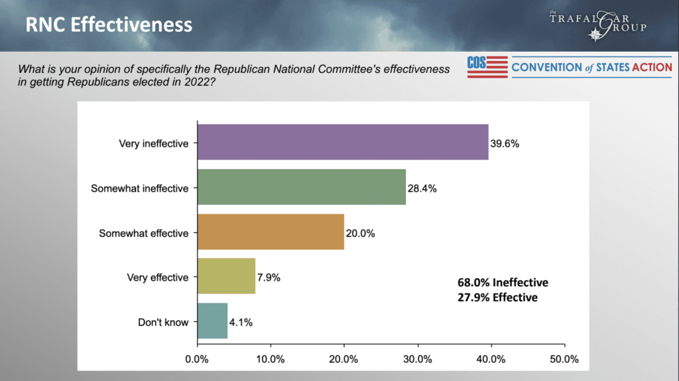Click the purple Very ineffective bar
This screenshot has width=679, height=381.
click(343, 142)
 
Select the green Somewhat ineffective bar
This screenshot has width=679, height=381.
click(302, 187)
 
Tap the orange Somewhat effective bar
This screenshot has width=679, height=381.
click(271, 232)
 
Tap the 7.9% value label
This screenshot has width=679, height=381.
click(269, 277)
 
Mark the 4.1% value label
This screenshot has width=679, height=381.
click(240, 323)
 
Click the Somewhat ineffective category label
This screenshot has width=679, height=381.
click(139, 188)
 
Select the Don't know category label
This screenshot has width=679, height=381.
click(163, 323)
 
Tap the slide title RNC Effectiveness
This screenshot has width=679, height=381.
click(109, 25)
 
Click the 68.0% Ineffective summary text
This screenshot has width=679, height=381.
click(503, 283)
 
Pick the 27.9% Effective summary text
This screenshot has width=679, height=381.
click(497, 297)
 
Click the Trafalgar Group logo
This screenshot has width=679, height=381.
click(597, 25)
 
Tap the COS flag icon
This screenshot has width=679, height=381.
click(487, 67)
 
